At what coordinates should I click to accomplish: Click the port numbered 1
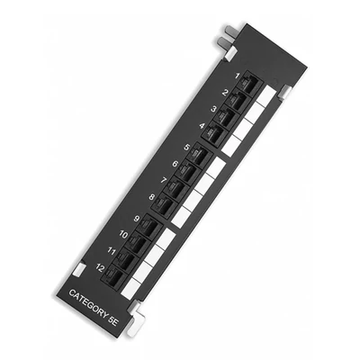[x=249, y=85]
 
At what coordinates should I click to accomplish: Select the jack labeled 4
[x=215, y=134]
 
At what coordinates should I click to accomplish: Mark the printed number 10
[x=121, y=234]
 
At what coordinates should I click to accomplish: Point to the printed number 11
[x=110, y=251]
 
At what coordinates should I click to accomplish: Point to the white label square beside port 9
[x=168, y=239]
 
